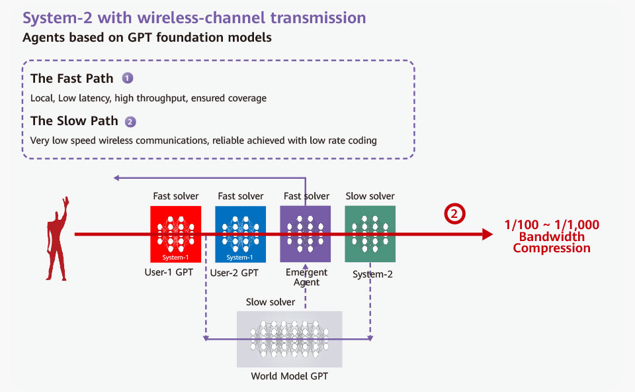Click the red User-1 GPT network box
[x=176, y=234]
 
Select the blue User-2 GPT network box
[x=241, y=234]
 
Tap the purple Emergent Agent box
[x=306, y=234]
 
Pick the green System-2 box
[x=370, y=234]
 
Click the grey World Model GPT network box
[x=290, y=339]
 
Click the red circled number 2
[x=454, y=214]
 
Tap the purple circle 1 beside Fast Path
[x=128, y=78]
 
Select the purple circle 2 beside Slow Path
[x=130, y=122]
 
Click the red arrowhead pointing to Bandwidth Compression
[x=487, y=234]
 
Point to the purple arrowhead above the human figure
[x=116, y=177]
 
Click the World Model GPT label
[x=290, y=376]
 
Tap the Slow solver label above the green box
[x=370, y=196]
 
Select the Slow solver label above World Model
[x=271, y=302]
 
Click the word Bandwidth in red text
[x=552, y=237]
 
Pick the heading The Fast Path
[x=72, y=78]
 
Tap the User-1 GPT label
[x=169, y=272]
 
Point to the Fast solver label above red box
[x=176, y=196]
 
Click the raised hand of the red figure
[x=65, y=202]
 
